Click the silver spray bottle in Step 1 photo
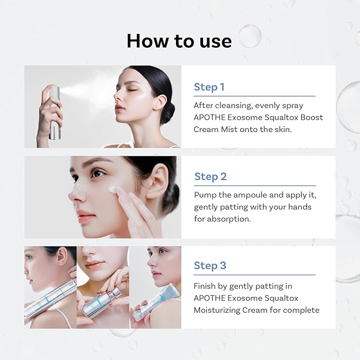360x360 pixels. click(54, 114)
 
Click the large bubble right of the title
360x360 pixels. click(249, 36)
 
